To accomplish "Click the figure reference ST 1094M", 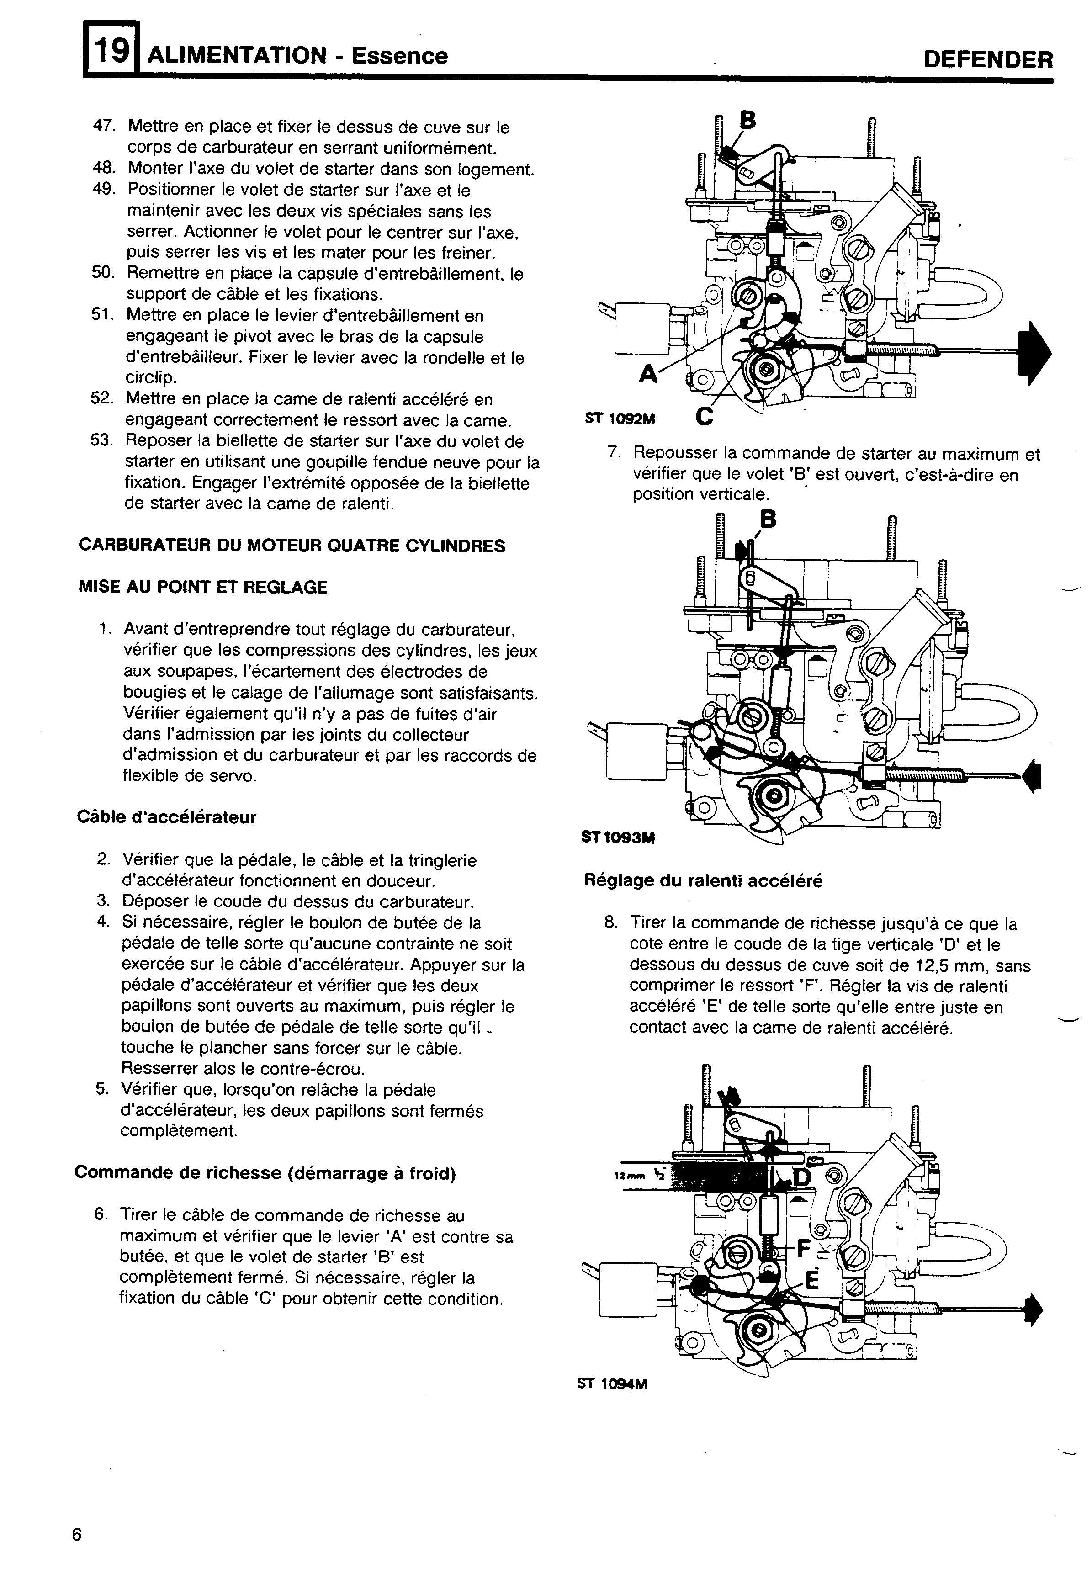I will [x=612, y=1384].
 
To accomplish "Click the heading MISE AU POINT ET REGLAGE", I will [x=203, y=587].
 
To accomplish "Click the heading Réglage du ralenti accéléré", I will [x=703, y=881].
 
